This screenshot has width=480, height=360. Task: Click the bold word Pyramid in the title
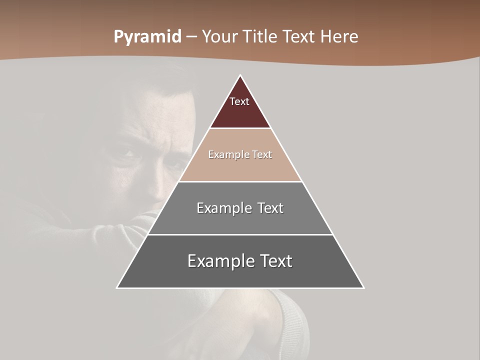click(147, 37)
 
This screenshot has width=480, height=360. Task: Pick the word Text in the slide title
click(300, 37)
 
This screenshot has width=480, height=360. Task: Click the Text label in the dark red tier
click(239, 101)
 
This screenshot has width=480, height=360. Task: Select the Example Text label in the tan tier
click(240, 155)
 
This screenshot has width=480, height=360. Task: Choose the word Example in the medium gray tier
click(222, 208)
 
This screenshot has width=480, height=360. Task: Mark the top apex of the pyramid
click(240, 75)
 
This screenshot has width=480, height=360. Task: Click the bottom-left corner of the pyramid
click(117, 288)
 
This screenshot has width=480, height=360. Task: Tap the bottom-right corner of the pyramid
click(363, 288)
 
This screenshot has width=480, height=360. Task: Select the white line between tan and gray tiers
click(240, 181)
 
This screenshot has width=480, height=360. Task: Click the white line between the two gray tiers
click(240, 234)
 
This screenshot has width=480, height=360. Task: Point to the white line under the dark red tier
click(240, 128)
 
